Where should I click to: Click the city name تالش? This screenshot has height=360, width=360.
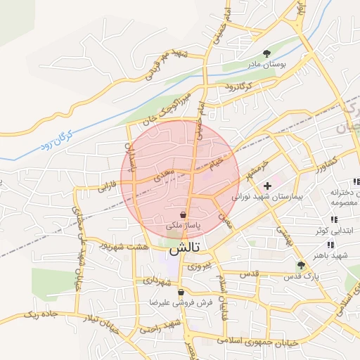click(x=185, y=248)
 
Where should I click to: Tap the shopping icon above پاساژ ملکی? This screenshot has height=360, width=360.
click(x=184, y=214)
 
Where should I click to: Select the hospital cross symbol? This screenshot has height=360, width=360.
click(x=266, y=186)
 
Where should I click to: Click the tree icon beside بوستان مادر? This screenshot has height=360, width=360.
click(x=266, y=53)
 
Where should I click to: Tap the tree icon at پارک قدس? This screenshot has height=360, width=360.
click(x=301, y=265)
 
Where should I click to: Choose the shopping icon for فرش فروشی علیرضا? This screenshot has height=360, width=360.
click(x=181, y=292)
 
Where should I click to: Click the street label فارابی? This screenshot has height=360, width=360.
click(x=106, y=186)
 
